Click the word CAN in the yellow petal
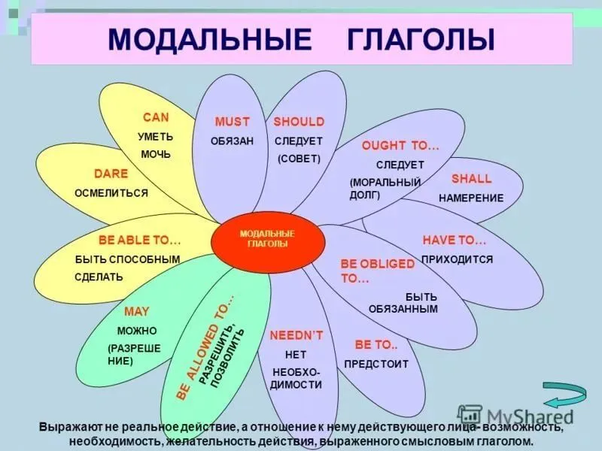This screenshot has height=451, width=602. (x=156, y=117)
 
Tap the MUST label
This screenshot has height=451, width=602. (x=232, y=122)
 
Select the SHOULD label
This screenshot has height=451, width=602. (x=299, y=122)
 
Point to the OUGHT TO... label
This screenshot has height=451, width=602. (x=400, y=146)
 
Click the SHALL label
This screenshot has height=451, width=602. (x=472, y=179)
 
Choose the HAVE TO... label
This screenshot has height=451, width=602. (x=455, y=240)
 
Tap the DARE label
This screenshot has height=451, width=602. (x=111, y=174)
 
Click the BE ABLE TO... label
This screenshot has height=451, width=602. (x=139, y=240)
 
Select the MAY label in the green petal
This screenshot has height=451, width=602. (x=137, y=312)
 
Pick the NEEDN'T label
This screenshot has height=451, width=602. (x=296, y=335)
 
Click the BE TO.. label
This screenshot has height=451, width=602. (x=375, y=345)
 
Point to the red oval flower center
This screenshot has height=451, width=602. (x=268, y=241)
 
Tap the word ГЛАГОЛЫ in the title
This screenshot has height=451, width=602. (x=421, y=39)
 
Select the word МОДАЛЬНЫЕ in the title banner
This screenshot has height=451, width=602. (x=210, y=39)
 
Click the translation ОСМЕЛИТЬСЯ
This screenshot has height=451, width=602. (x=111, y=193)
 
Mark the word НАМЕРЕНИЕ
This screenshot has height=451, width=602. (x=471, y=198)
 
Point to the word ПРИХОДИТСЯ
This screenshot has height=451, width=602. (x=458, y=259)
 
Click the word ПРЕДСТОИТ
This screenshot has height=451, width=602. (x=376, y=364)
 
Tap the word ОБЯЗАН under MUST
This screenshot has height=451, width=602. (x=232, y=141)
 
